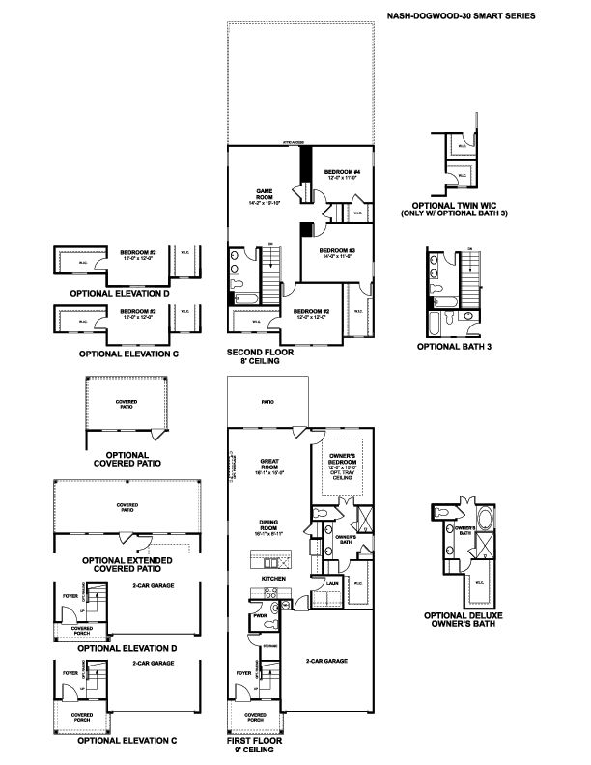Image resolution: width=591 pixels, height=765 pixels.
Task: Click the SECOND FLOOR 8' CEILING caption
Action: click(260, 357)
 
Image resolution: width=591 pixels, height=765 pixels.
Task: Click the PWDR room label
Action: click(259, 615)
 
